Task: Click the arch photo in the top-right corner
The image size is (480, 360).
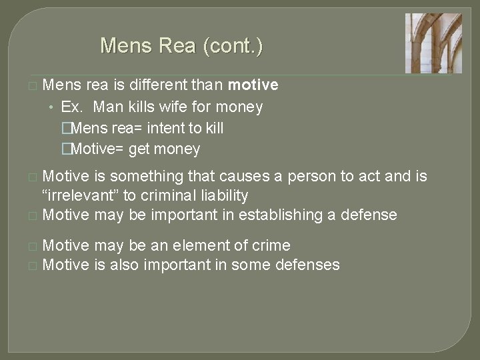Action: pos(433,43)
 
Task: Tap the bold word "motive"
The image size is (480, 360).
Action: pos(253,85)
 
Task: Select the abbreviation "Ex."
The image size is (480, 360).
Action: pos(73,107)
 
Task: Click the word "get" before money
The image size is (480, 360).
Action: pos(140,149)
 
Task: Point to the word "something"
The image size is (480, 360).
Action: pos(141,177)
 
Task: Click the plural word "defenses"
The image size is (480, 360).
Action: pos(308,265)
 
